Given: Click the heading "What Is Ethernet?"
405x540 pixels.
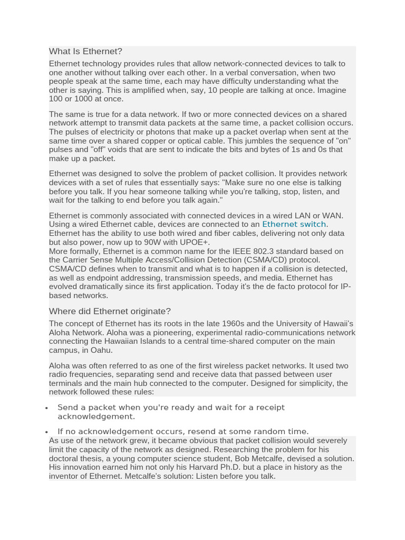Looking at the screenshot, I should coord(85,52).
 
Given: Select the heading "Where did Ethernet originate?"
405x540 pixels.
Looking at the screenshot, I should coord(110,311).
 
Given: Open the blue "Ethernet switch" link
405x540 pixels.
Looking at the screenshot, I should coord(294,224).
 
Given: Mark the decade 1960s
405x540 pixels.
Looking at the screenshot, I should coord(197,324).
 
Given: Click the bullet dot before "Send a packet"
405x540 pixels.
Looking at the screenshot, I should coord(47,408).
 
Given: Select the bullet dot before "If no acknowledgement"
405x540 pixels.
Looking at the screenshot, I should coord(47,432).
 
